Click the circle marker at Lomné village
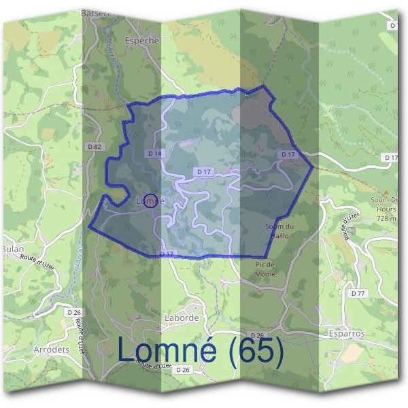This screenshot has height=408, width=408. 152,200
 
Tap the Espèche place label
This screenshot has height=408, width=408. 141,41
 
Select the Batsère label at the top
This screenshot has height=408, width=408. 96,13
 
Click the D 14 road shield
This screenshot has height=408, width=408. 155,154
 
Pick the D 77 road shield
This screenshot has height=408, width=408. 358,294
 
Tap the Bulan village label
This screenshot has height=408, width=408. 13,249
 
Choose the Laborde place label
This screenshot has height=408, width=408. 182,318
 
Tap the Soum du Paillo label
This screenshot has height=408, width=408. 279,231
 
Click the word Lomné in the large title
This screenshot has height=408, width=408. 167,351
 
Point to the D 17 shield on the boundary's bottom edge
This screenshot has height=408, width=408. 167,254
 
